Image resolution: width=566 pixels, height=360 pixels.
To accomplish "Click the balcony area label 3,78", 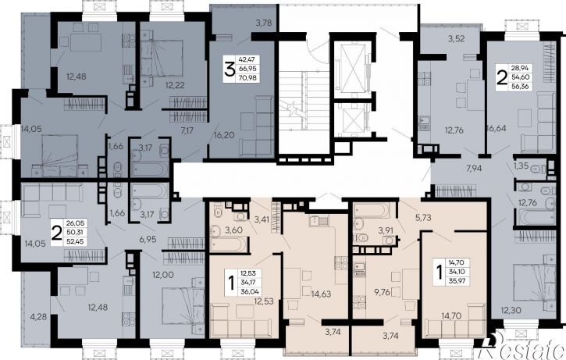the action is click(x=263, y=23).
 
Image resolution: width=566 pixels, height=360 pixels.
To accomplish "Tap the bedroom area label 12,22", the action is click(x=175, y=85).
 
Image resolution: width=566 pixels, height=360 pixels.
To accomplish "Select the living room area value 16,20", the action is click(x=224, y=135).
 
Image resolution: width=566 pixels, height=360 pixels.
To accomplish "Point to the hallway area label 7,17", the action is click(x=187, y=130).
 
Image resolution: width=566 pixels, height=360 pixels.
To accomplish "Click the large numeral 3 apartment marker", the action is click(x=230, y=70).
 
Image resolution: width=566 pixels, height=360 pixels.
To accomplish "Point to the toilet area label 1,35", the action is click(x=521, y=166).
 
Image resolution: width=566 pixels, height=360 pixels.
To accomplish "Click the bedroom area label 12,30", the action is click(x=511, y=309).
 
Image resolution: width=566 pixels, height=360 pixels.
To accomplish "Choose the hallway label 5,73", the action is click(x=424, y=217).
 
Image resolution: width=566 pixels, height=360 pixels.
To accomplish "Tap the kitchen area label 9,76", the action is click(x=383, y=292).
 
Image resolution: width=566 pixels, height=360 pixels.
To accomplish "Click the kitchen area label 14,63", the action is click(x=321, y=294).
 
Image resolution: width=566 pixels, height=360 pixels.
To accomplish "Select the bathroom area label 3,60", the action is click(x=234, y=230).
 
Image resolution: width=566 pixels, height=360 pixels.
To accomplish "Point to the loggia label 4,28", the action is click(x=38, y=317).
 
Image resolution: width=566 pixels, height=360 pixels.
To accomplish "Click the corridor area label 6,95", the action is click(x=148, y=238).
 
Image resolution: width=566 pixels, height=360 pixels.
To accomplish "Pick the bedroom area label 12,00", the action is click(x=163, y=274).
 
